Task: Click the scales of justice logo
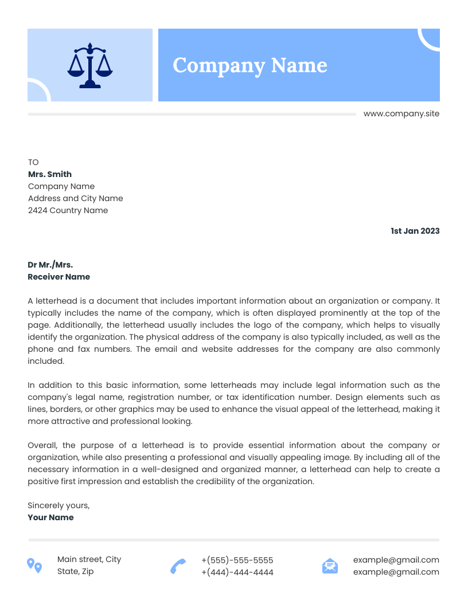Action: pyautogui.click(x=90, y=65)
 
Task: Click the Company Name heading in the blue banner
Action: pyautogui.click(x=249, y=65)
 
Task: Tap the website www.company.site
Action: pyautogui.click(x=401, y=113)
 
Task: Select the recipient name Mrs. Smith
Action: pyautogui.click(x=50, y=174)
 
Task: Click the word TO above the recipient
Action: pyautogui.click(x=33, y=162)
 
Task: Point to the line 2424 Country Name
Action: pyautogui.click(x=68, y=210)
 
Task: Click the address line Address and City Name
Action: pyautogui.click(x=75, y=198)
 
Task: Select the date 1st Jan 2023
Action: pyautogui.click(x=415, y=231)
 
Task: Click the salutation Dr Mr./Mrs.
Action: pyautogui.click(x=50, y=265)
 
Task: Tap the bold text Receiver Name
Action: pyautogui.click(x=58, y=277)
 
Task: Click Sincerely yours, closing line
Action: pyautogui.click(x=58, y=505)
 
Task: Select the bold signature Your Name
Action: pyautogui.click(x=50, y=517)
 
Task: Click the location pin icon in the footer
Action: pyautogui.click(x=34, y=565)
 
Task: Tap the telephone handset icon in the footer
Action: pyautogui.click(x=178, y=566)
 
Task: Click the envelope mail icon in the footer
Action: pyautogui.click(x=330, y=566)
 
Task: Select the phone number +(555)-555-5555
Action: pyautogui.click(x=237, y=560)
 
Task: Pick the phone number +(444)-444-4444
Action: pyautogui.click(x=237, y=572)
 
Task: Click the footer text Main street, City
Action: pyautogui.click(x=89, y=559)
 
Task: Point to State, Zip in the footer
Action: pyautogui.click(x=75, y=571)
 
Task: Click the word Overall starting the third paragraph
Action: pyautogui.click(x=42, y=445)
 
